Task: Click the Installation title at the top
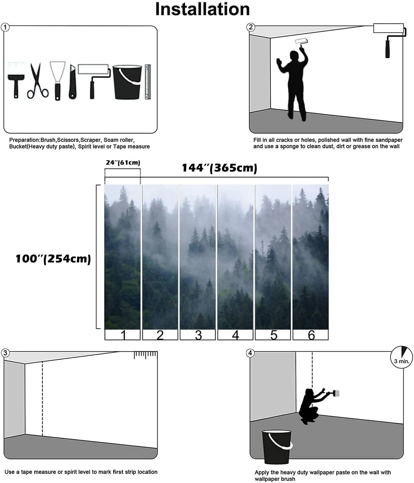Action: pos(202,9)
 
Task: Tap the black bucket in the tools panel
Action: pos(127,82)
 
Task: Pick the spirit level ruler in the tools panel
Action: pos(148,82)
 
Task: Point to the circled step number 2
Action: pos(251,27)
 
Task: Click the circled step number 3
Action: pos(5,353)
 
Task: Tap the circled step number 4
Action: pos(250,353)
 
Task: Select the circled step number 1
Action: pos(5,27)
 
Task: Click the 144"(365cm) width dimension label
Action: pos(219,168)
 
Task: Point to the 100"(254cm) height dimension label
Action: pos(53,259)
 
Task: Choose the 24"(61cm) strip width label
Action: pos(123,163)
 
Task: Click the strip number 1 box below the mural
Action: pos(123,335)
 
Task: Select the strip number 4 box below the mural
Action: pos(235,335)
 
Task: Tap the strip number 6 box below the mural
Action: pos(311,335)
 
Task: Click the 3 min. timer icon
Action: pos(402,357)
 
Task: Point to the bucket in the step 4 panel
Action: pos(276,447)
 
